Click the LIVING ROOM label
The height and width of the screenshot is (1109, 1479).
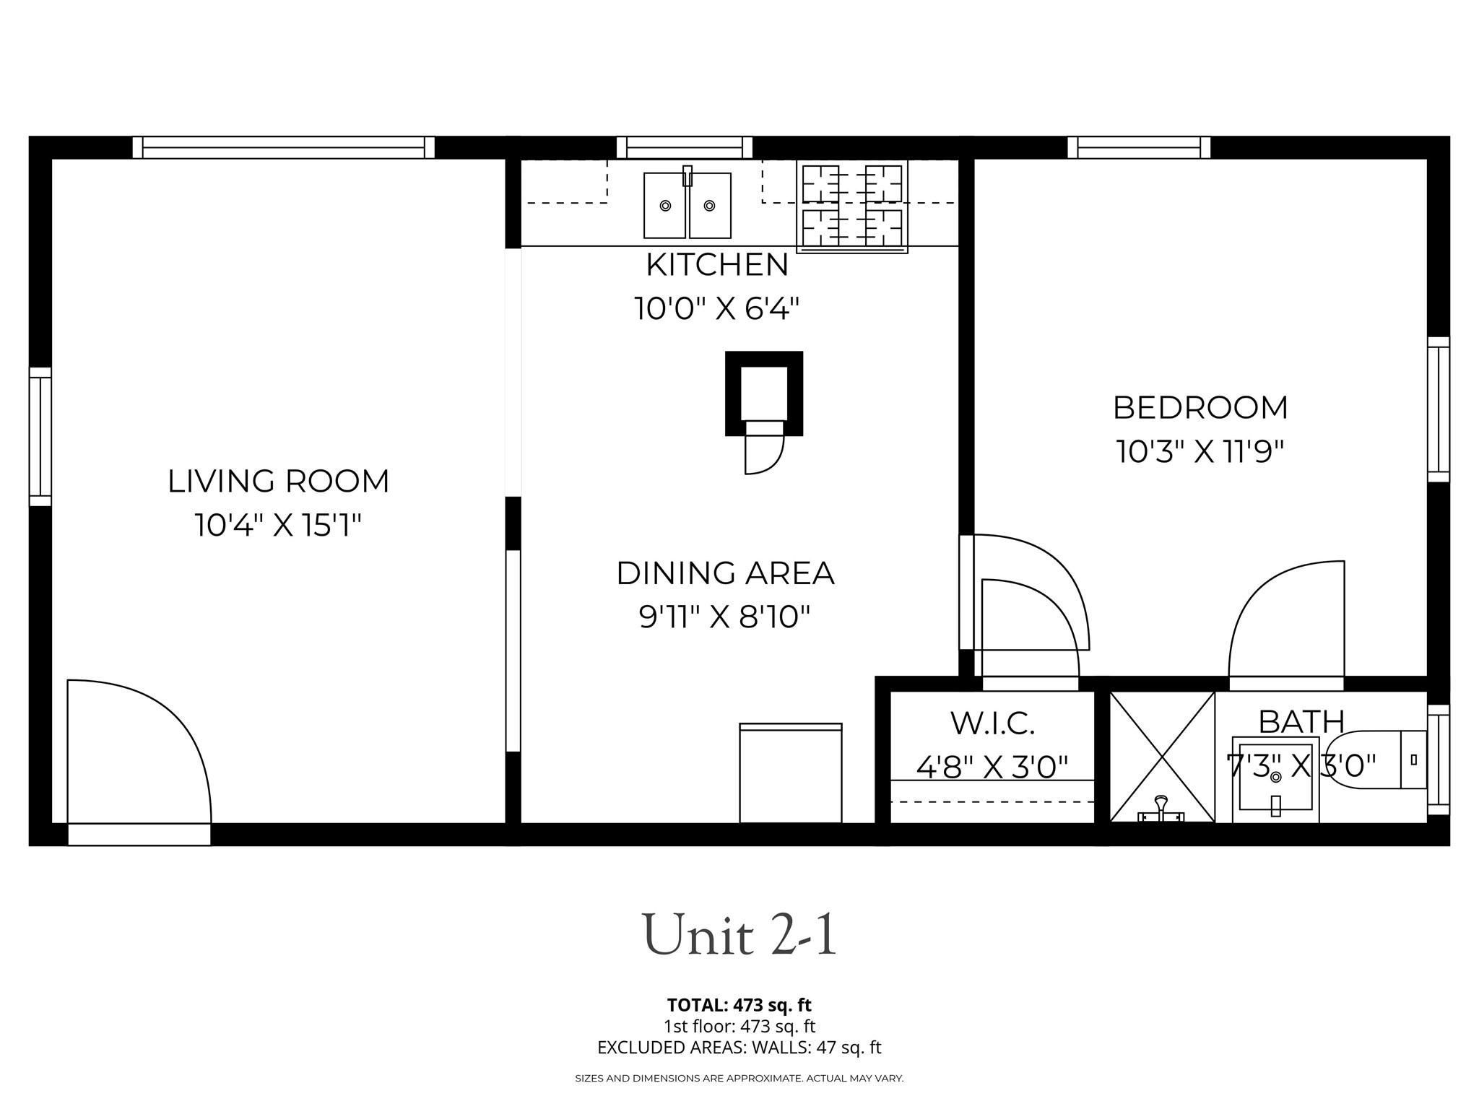coord(278,482)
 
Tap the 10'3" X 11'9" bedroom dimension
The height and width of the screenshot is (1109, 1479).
coord(1200,452)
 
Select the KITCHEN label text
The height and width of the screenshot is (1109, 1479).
coord(716,265)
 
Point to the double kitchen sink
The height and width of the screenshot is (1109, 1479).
coord(687,205)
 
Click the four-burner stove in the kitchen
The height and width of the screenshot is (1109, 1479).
coord(852,205)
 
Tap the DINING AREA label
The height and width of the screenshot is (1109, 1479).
coord(725,573)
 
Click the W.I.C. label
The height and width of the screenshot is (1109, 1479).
coord(992,723)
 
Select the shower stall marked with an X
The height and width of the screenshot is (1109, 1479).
coord(1161,756)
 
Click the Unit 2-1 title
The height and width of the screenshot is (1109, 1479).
coord(739,935)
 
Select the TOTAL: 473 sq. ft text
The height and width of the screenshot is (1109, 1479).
coord(739,1005)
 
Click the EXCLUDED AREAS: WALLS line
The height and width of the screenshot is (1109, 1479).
coord(739,1048)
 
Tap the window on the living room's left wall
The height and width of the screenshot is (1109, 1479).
coord(40,437)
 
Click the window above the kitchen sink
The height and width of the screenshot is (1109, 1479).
coord(684,147)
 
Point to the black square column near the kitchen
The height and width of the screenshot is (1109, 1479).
coord(763,393)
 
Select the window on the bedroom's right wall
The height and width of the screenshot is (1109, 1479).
coord(1438,409)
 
